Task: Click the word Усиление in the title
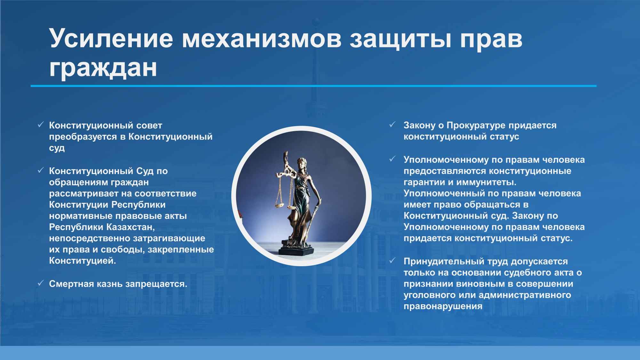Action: (x=111, y=38)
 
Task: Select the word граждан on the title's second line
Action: (x=103, y=68)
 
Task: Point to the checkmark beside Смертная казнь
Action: (x=41, y=283)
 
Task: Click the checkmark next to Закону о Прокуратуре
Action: (x=392, y=124)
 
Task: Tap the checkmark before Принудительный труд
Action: (x=392, y=261)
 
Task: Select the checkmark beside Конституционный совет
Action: (x=41, y=125)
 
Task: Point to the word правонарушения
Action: (x=443, y=307)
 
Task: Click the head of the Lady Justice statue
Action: (x=301, y=162)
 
